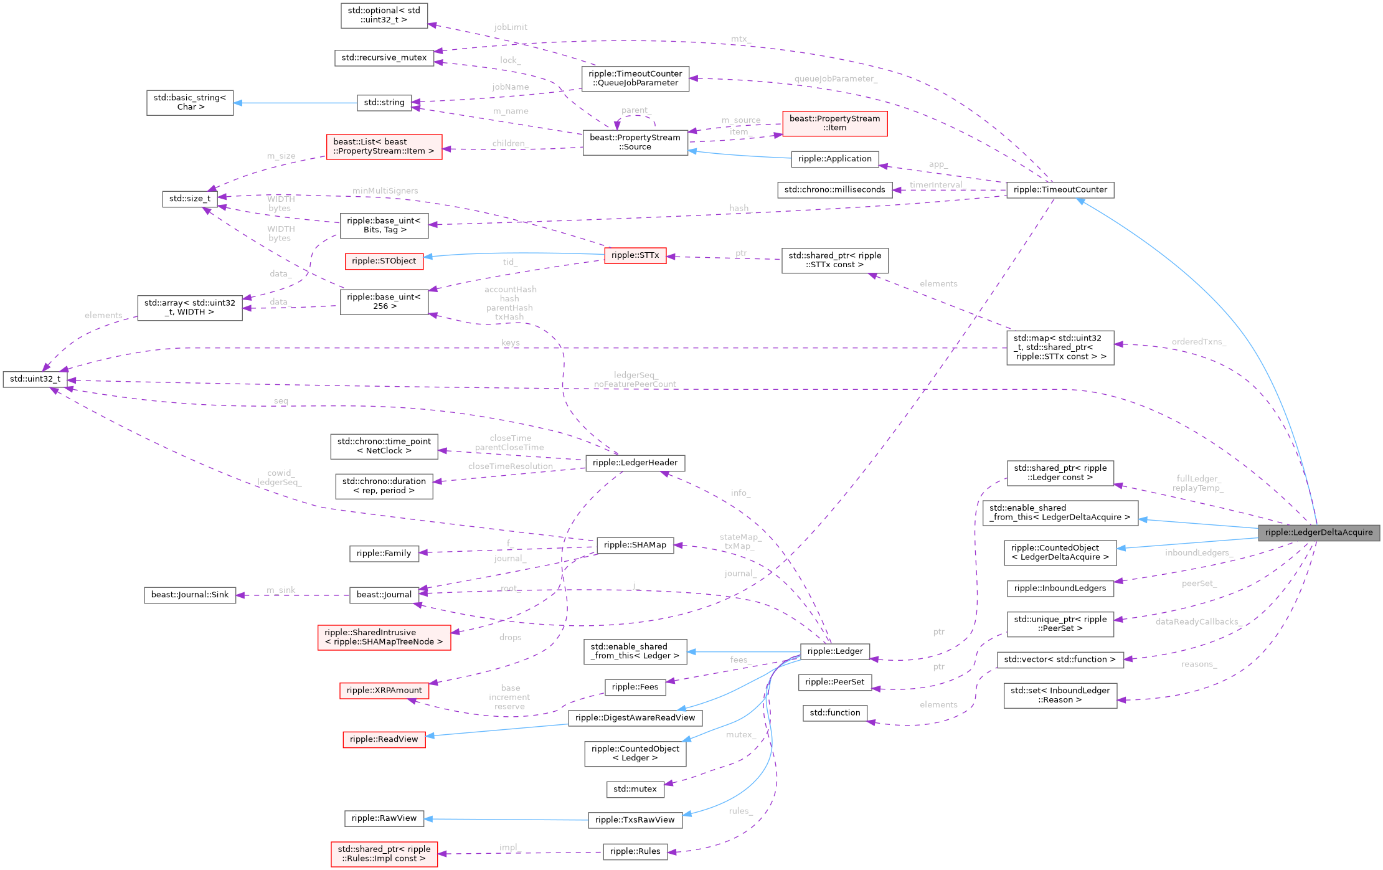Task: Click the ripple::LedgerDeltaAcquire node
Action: (1318, 532)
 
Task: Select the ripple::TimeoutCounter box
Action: (1060, 190)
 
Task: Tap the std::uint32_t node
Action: (35, 379)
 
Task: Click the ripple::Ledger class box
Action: (834, 651)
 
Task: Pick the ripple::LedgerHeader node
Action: (635, 463)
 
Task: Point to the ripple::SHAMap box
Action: (635, 545)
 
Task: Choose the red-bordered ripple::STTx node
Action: (635, 255)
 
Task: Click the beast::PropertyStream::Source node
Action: (635, 142)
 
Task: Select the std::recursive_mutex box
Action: (384, 58)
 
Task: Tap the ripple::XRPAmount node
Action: (384, 690)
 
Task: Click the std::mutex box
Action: (635, 789)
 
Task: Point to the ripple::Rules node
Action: (635, 851)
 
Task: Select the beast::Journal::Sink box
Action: (189, 595)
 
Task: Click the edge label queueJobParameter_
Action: (835, 78)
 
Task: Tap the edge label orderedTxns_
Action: (1198, 342)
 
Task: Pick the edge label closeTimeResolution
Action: (510, 466)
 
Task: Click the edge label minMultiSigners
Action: (385, 191)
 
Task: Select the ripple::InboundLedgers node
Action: (1060, 588)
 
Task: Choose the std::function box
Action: (834, 712)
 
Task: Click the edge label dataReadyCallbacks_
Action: (1198, 622)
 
